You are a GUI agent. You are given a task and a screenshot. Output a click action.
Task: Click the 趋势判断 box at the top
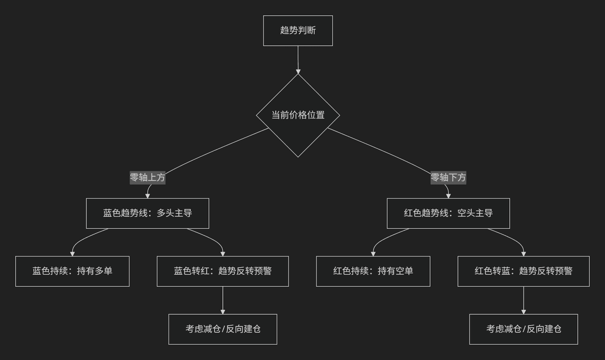(298, 31)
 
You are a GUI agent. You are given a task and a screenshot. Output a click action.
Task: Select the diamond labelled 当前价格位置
(298, 115)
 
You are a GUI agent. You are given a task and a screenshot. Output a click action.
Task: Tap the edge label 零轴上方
(147, 177)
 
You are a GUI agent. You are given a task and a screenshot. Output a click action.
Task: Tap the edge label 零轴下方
(448, 177)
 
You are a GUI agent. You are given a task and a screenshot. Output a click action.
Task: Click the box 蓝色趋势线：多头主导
(147, 213)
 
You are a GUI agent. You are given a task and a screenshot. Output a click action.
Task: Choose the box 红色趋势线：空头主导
(448, 213)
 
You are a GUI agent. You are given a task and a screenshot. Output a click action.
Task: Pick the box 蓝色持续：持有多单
(73, 271)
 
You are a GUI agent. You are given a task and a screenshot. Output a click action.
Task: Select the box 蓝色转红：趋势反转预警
(223, 271)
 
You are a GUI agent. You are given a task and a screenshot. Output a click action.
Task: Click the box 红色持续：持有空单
(373, 271)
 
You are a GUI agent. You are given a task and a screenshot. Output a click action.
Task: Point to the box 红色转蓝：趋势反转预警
(524, 271)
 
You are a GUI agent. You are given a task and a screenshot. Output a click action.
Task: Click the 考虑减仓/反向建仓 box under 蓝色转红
(223, 329)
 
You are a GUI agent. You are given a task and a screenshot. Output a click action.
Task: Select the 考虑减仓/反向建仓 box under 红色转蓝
(524, 329)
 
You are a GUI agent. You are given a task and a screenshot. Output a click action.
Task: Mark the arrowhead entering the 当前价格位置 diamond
(298, 72)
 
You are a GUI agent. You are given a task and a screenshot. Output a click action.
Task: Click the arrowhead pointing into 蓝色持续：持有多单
(73, 254)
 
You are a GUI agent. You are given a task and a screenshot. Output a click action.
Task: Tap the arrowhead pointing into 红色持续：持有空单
(373, 254)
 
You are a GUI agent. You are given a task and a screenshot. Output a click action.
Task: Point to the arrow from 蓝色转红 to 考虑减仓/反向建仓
(223, 301)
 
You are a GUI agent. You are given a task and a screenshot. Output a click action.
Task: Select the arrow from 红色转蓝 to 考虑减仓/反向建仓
(524, 301)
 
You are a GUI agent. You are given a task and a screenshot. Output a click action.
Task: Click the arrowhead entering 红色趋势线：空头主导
(448, 196)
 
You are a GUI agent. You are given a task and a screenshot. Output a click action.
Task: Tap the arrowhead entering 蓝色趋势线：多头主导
(147, 196)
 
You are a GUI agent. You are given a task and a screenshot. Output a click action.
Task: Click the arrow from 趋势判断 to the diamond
(298, 59)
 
